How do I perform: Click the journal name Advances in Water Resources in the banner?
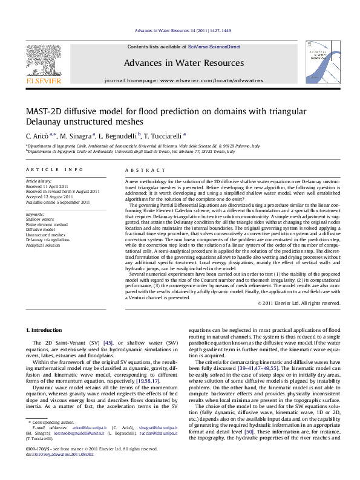click(x=180, y=63)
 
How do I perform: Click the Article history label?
click(x=36, y=181)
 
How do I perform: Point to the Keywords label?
click(x=34, y=213)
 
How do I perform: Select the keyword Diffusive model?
click(x=41, y=229)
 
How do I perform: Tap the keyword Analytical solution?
click(x=43, y=245)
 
